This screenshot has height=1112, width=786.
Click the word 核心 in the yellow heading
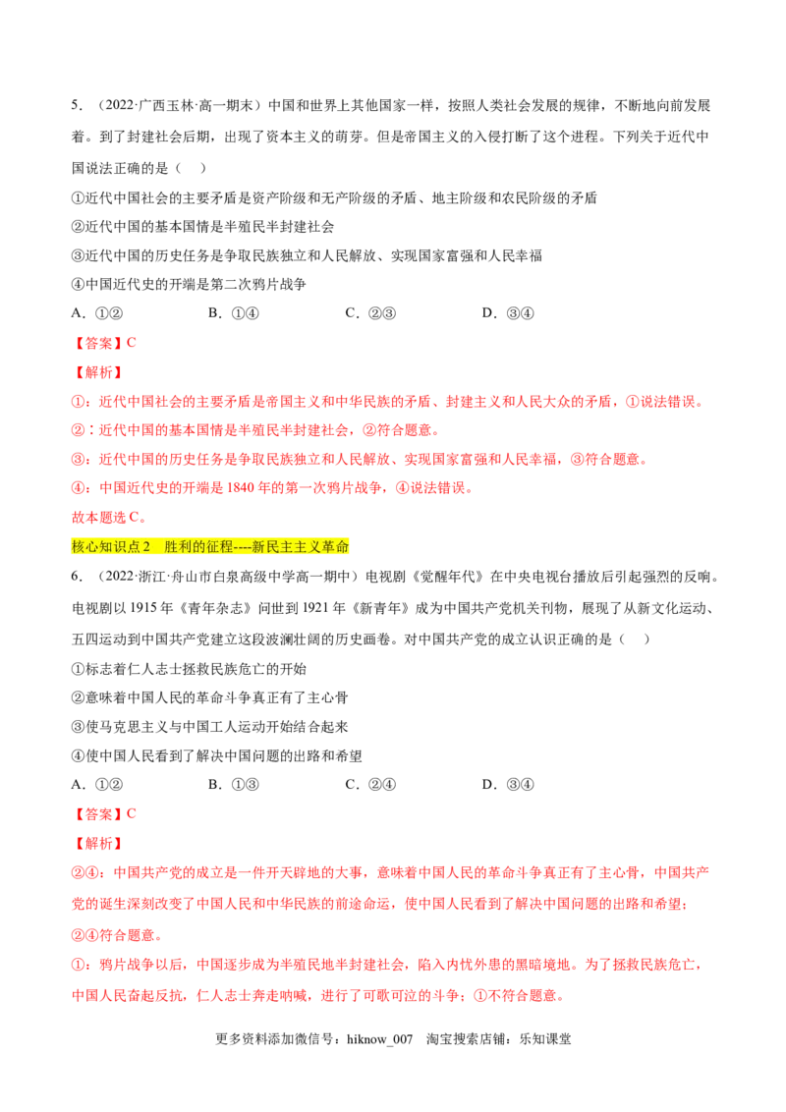(x=84, y=547)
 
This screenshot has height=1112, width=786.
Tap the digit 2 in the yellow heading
(x=146, y=547)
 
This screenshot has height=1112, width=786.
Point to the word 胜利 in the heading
(x=178, y=547)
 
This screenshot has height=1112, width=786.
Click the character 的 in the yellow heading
(x=198, y=547)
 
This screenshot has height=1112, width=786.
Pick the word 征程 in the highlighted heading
(x=220, y=547)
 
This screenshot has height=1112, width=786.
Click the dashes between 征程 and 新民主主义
(x=242, y=547)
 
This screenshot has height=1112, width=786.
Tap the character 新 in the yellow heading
(x=258, y=547)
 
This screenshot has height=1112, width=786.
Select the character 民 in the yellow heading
(x=273, y=547)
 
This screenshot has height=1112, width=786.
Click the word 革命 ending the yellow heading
(x=336, y=547)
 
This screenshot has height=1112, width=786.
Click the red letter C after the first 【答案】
(x=132, y=343)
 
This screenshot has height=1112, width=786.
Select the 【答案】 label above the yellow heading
(x=97, y=343)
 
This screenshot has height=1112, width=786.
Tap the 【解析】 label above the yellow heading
(x=97, y=373)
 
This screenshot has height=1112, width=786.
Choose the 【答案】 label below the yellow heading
(x=97, y=813)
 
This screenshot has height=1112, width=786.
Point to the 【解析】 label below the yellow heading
(x=97, y=844)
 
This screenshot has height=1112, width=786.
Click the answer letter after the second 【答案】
(x=132, y=813)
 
